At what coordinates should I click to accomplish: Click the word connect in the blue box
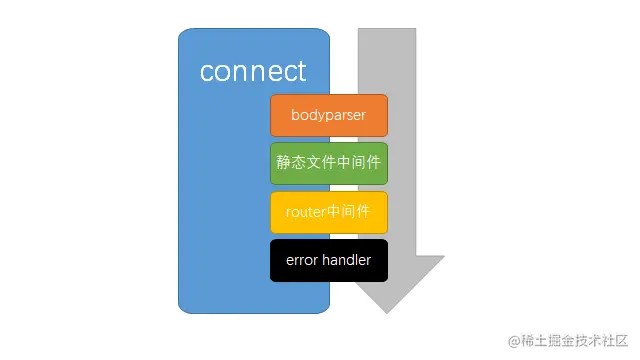(x=253, y=72)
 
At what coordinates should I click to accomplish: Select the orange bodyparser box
(x=328, y=115)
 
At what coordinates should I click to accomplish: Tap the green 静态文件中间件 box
(x=328, y=163)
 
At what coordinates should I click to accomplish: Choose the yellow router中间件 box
(x=328, y=212)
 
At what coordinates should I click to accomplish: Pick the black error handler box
(x=328, y=260)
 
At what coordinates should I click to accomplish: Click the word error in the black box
(x=302, y=260)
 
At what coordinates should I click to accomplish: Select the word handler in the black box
(x=346, y=260)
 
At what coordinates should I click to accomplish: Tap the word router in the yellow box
(x=292, y=212)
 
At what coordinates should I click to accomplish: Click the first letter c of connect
(x=207, y=73)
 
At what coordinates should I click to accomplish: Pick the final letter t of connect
(x=301, y=72)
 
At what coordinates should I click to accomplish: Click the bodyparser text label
(x=328, y=115)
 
